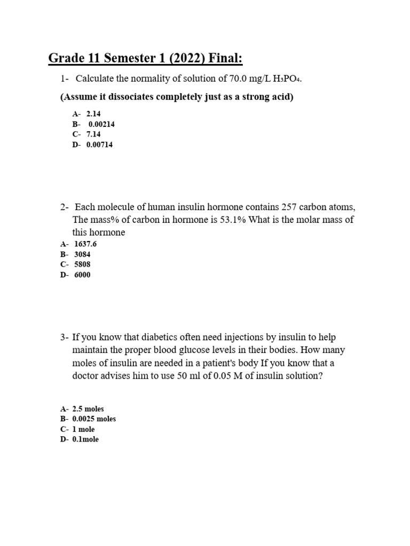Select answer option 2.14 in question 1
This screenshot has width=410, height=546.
coord(93,114)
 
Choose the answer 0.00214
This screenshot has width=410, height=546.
coord(101,124)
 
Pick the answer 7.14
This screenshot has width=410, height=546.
coord(93,134)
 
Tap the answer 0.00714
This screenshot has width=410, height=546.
coord(99,144)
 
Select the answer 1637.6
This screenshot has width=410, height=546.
coord(85,244)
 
